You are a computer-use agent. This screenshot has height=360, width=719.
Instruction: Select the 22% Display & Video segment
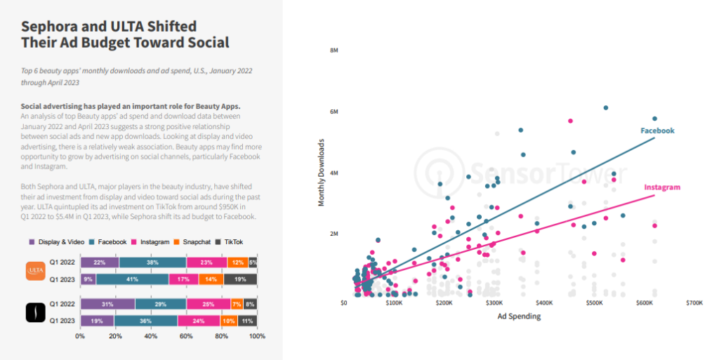coord(99,262)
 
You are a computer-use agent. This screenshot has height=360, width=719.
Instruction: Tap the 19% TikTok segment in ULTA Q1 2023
coord(240,279)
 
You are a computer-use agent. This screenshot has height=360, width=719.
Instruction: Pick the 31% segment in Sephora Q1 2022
coord(107,304)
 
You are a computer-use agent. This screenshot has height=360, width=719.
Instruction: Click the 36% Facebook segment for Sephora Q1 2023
coord(145,320)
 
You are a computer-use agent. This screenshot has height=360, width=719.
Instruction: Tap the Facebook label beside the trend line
coord(657,131)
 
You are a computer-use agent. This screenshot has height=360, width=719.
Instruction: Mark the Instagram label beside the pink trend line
coord(662,187)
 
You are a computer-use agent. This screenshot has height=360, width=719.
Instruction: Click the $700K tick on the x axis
coord(694,302)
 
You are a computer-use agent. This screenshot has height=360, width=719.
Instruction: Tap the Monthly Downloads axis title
coord(322,172)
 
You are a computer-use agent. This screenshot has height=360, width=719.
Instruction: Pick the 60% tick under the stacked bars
coord(186,336)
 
